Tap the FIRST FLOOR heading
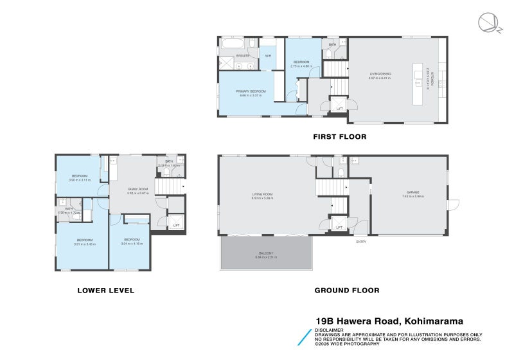click(x=339, y=136)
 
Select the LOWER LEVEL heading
click(x=105, y=291)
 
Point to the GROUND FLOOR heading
click(x=346, y=291)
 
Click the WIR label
click(x=268, y=56)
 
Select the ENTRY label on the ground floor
click(x=361, y=241)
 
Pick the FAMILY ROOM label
click(x=137, y=188)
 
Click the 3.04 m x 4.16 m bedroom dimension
click(x=131, y=243)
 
